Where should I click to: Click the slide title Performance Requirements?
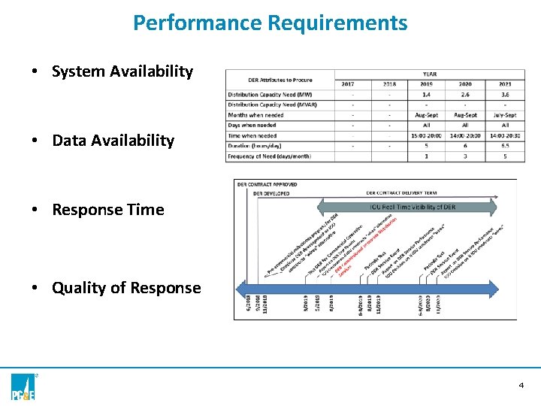pyautogui.click(x=270, y=23)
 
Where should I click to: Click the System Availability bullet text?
pyautogui.click(x=122, y=71)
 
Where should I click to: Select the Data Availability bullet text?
pyautogui.click(x=113, y=141)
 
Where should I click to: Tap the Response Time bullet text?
pyautogui.click(x=107, y=210)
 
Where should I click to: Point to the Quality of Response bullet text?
pyautogui.click(x=126, y=288)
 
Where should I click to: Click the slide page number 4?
pyautogui.click(x=521, y=385)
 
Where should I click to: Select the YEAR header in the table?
pyautogui.click(x=429, y=74)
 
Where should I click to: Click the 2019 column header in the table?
pyautogui.click(x=427, y=84)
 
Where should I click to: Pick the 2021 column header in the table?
pyautogui.click(x=505, y=84)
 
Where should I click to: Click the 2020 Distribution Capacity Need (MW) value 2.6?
pyautogui.click(x=465, y=95)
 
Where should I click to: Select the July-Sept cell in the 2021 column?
pyautogui.click(x=505, y=115)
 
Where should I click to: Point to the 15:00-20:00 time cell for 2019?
pyautogui.click(x=427, y=136)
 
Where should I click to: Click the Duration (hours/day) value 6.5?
pyautogui.click(x=505, y=146)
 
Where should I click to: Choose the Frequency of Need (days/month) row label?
pyautogui.click(x=270, y=156)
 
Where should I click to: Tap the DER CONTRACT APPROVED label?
pyautogui.click(x=267, y=184)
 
